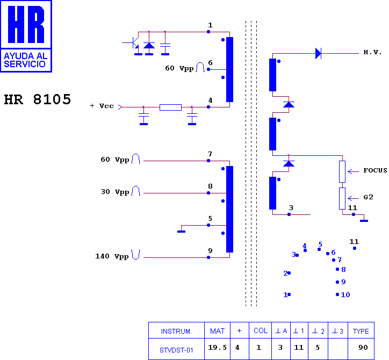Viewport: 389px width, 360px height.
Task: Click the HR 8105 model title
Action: click(38, 99)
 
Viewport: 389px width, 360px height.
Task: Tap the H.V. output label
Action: click(372, 52)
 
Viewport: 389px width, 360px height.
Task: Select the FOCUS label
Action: click(375, 170)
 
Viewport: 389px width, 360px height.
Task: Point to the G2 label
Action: click(369, 197)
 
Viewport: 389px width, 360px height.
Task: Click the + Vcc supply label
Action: click(102, 106)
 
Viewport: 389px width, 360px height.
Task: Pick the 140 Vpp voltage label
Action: click(112, 256)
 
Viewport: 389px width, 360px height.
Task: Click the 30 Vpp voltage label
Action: click(115, 192)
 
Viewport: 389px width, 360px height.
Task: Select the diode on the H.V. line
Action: click(318, 53)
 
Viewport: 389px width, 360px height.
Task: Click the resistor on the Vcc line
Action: click(170, 107)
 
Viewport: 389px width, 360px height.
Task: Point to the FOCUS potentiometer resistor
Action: click(342, 171)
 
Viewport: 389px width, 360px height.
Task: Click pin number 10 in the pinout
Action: click(345, 295)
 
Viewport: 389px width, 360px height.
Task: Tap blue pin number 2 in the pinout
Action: click(285, 273)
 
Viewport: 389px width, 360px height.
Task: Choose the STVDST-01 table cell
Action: click(176, 350)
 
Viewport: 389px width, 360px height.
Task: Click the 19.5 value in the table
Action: click(217, 347)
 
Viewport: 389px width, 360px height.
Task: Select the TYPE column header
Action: click(361, 331)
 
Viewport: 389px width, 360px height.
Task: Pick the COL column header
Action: click(261, 331)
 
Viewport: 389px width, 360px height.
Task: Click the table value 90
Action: click(363, 347)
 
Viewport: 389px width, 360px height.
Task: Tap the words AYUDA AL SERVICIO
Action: click(26, 60)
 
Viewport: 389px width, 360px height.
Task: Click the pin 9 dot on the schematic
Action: click(208, 257)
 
